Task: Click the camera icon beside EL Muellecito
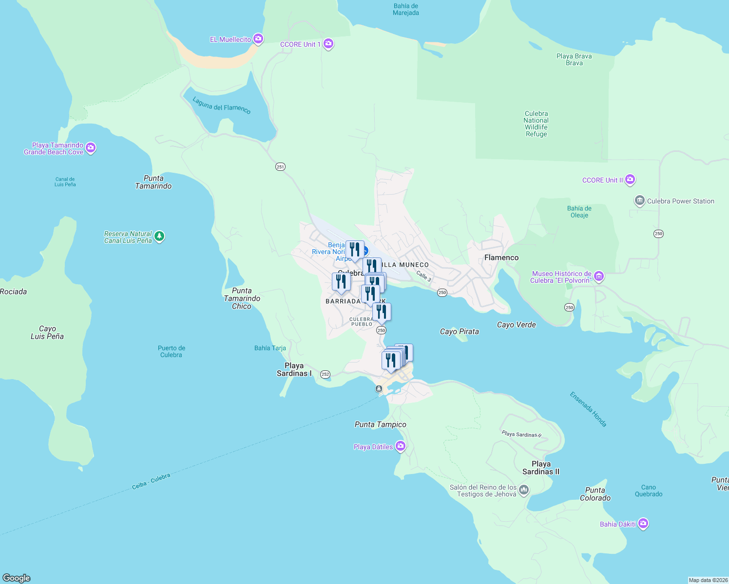point(258,39)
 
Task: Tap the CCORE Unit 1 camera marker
point(328,44)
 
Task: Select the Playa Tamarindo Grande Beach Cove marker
point(91,147)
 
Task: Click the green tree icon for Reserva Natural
point(159,237)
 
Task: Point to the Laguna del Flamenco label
point(222,106)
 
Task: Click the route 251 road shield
point(280,167)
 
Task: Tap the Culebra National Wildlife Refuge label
point(536,124)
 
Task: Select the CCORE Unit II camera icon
point(630,180)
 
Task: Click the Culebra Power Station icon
point(639,201)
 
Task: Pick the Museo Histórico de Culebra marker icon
point(599,276)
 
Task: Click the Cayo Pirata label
point(459,331)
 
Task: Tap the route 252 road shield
point(325,374)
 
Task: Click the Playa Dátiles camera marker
point(401,446)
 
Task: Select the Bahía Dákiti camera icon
point(643,524)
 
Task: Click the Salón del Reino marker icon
point(524,490)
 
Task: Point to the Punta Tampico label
point(380,424)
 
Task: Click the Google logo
point(17,578)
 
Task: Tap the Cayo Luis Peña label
point(47,332)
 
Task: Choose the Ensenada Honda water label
point(588,409)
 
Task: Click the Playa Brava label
point(574,59)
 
